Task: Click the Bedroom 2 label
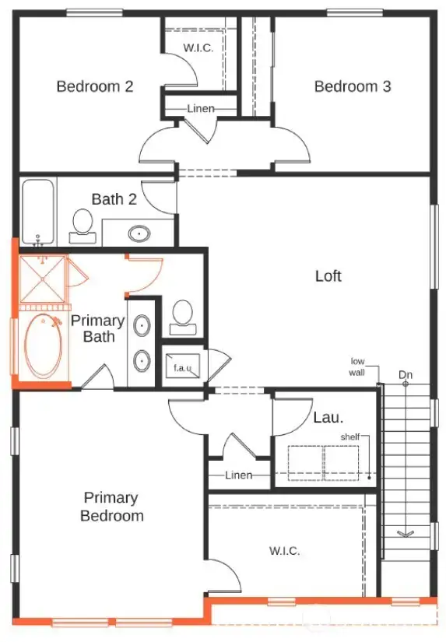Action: pos(94,86)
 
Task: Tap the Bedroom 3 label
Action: pos(352,86)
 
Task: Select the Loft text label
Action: pos(328,275)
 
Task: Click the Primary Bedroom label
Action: pos(111,507)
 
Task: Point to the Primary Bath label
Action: pos(98,328)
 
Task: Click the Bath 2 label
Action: pos(114,199)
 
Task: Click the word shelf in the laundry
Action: pos(349,437)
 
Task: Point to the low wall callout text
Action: pos(357,367)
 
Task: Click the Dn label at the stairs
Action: pos(406,376)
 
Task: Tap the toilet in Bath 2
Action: pos(81,223)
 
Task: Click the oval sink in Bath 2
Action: pos(139,232)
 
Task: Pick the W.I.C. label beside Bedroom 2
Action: pos(198,47)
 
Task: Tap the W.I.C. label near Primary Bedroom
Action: pos(284,551)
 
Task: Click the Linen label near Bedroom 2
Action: pos(201,108)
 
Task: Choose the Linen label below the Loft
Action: pos(238,475)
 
